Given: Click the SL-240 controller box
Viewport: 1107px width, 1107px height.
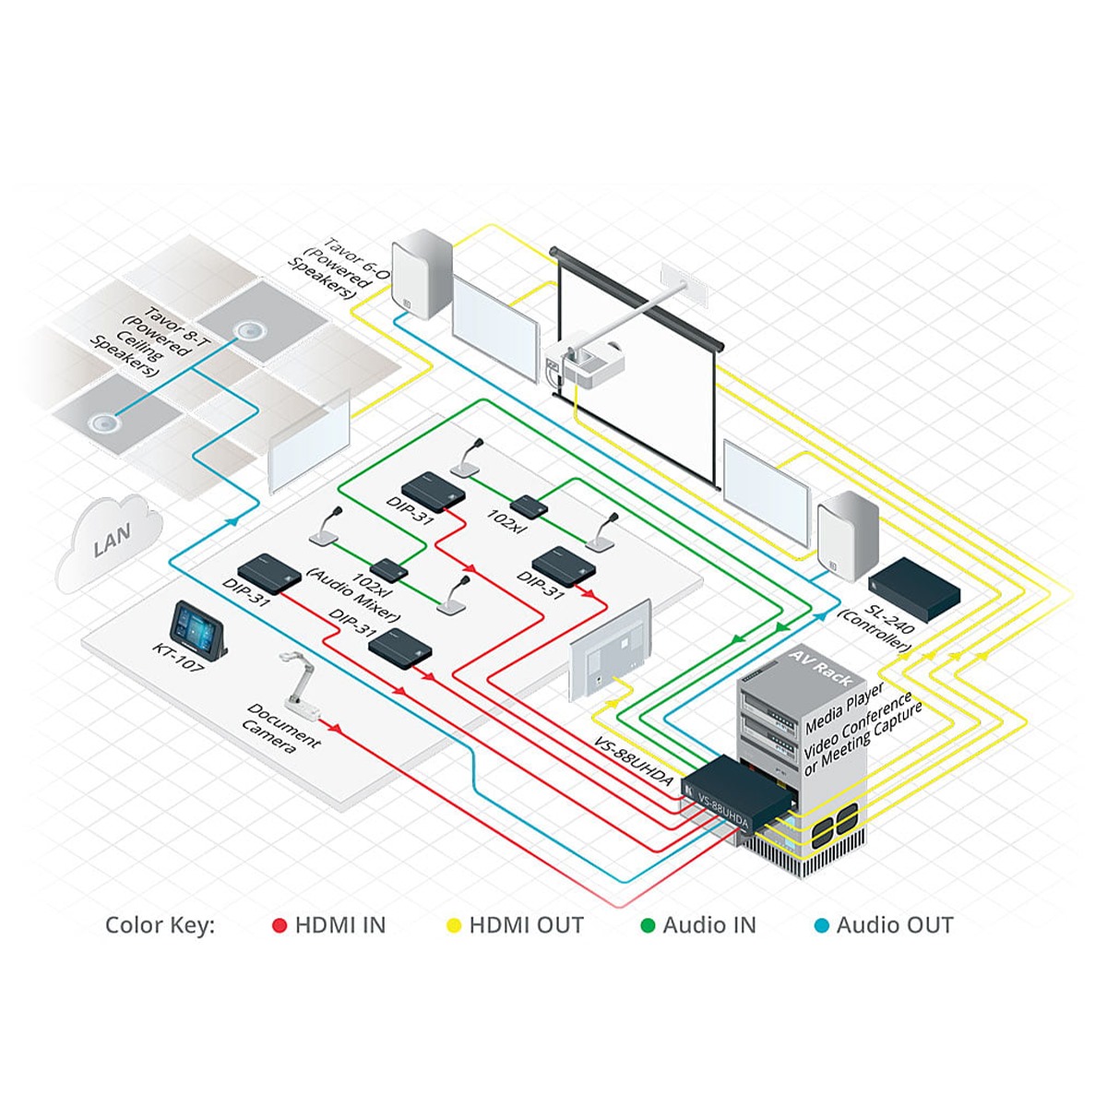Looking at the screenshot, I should (x=916, y=588).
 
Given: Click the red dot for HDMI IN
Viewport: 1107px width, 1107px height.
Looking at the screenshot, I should (x=280, y=925).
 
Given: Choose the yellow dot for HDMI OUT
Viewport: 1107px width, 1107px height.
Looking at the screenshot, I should (x=453, y=925).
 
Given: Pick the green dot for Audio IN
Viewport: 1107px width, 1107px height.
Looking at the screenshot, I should (x=648, y=925).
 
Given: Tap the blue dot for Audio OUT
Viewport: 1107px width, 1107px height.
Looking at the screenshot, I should (x=821, y=925).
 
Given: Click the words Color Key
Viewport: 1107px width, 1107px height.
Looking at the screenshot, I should (x=160, y=925).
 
